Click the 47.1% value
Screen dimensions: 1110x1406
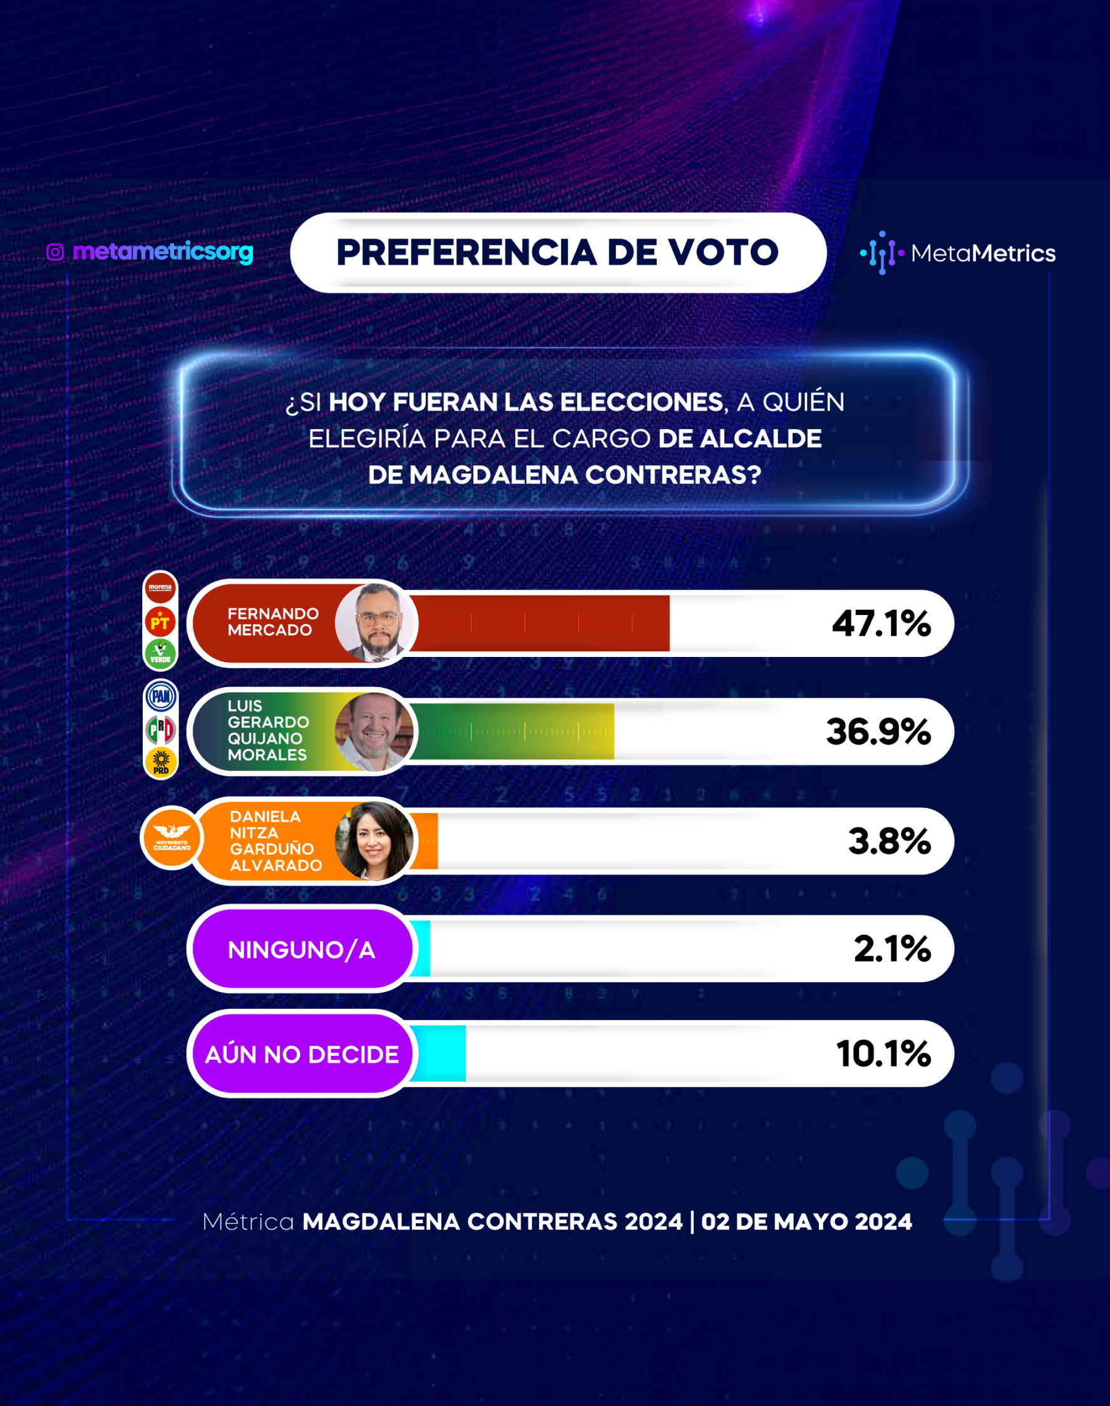coord(881,623)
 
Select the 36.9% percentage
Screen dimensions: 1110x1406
coord(878,731)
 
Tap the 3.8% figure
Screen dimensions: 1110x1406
coord(890,840)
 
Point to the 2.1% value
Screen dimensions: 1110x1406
coord(892,948)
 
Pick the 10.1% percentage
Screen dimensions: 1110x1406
coord(884,1053)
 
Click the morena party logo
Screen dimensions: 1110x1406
coord(160,587)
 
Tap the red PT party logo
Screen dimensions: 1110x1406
coord(160,622)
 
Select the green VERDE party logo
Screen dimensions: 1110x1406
coord(160,654)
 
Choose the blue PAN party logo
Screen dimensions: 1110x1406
coord(160,697)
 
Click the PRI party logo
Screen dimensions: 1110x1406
coord(160,730)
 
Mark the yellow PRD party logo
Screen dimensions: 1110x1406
coord(160,762)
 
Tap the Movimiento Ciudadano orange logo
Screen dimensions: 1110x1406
coord(172,838)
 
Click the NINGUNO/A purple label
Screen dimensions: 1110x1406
coord(302,949)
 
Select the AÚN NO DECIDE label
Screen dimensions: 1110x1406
coord(302,1054)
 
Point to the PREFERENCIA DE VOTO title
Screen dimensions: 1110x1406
coord(558,252)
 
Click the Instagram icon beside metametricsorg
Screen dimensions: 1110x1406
coord(55,252)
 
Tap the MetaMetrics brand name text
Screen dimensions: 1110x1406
coord(984,253)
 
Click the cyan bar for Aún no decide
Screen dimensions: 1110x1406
coord(439,1053)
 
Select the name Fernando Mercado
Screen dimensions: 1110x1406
coord(273,622)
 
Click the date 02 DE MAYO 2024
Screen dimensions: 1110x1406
coord(806,1221)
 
